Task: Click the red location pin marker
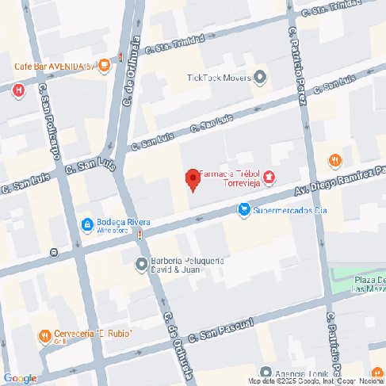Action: coord(192,180)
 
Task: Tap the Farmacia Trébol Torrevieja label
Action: coord(231,178)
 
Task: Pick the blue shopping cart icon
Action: coord(244,210)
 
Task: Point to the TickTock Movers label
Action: coord(218,78)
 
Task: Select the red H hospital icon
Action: coord(18,91)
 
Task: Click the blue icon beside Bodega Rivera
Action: coord(86,225)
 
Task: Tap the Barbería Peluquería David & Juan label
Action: coord(189,265)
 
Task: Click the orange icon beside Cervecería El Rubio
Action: coord(44,335)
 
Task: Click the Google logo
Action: coord(20,378)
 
